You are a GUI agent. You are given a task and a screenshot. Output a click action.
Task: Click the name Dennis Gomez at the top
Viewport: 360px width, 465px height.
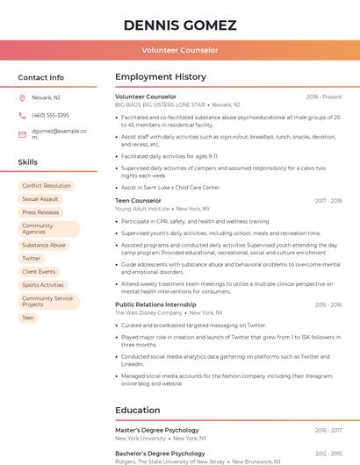coord(180,25)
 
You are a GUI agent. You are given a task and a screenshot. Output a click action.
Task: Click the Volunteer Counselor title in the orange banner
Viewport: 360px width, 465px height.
coord(180,51)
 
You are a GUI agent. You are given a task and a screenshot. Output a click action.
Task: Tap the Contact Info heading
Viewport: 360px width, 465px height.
coord(41,77)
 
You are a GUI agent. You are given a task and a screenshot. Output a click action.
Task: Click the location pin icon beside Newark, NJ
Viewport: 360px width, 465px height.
coord(22,97)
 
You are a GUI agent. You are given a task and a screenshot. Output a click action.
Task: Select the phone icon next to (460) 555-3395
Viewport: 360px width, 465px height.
coord(22,116)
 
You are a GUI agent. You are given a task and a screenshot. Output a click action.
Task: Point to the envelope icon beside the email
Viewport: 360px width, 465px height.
coord(22,135)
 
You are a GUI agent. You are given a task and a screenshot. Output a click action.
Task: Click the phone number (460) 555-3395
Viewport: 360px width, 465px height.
coord(50,116)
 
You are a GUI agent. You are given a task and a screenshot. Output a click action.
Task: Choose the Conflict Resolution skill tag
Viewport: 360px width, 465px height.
coord(46,186)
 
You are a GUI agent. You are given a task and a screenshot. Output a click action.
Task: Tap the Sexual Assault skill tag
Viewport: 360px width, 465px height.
coord(40,199)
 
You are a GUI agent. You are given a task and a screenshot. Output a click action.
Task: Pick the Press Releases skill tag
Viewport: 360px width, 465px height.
coord(40,212)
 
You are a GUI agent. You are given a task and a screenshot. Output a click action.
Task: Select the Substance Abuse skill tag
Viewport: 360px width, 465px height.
coord(44,246)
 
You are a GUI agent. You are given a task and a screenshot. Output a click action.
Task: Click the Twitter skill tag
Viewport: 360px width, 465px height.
coord(32,259)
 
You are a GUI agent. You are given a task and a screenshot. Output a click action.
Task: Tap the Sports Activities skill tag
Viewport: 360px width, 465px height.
coord(43,285)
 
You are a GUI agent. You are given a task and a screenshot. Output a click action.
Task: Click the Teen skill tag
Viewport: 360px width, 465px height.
coord(28,318)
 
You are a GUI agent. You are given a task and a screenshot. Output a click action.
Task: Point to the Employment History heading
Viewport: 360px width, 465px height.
coord(161,77)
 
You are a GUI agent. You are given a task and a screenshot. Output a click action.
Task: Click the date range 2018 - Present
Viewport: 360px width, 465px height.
coord(324,97)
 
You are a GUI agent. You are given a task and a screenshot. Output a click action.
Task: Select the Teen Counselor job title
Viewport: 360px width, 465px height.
coord(138,201)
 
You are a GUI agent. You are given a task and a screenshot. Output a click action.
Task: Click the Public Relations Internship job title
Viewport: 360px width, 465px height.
coord(155,304)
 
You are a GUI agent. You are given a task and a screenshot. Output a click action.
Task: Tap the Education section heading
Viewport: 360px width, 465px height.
coord(137,410)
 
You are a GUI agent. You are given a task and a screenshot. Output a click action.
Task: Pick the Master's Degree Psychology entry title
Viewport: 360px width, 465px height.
coord(157,431)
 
